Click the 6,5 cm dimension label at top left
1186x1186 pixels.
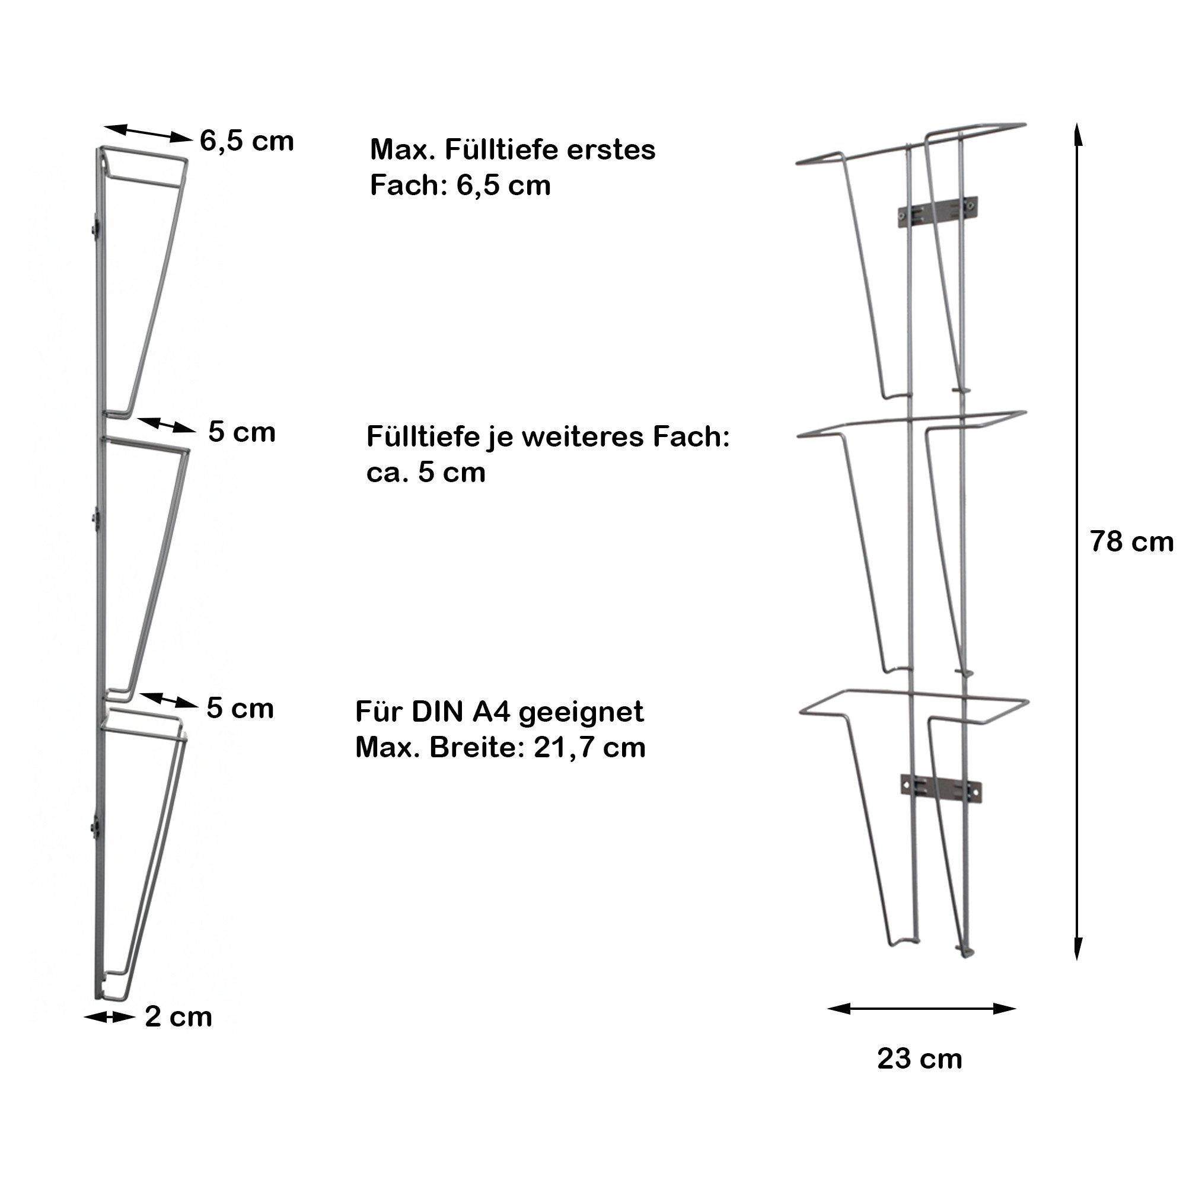pyautogui.click(x=247, y=142)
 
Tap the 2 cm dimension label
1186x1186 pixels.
pyautogui.click(x=178, y=1017)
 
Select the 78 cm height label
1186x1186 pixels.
pyautogui.click(x=1131, y=542)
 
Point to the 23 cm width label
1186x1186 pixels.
pyautogui.click(x=920, y=1059)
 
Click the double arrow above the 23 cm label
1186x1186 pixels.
pyautogui.click(x=922, y=1009)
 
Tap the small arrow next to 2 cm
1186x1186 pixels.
pyautogui.click(x=109, y=1018)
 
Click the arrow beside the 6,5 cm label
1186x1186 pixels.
pyautogui.click(x=147, y=133)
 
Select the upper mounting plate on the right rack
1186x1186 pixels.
pyautogui.click(x=938, y=211)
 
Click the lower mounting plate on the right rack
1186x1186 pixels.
pyautogui.click(x=940, y=788)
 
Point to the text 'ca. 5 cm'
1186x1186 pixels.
pyautogui.click(x=426, y=473)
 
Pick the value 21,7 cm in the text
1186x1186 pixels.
pyautogui.click(x=590, y=748)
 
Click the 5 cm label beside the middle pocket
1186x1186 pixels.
pyautogui.click(x=242, y=432)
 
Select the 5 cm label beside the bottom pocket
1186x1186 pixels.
pyautogui.click(x=240, y=709)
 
